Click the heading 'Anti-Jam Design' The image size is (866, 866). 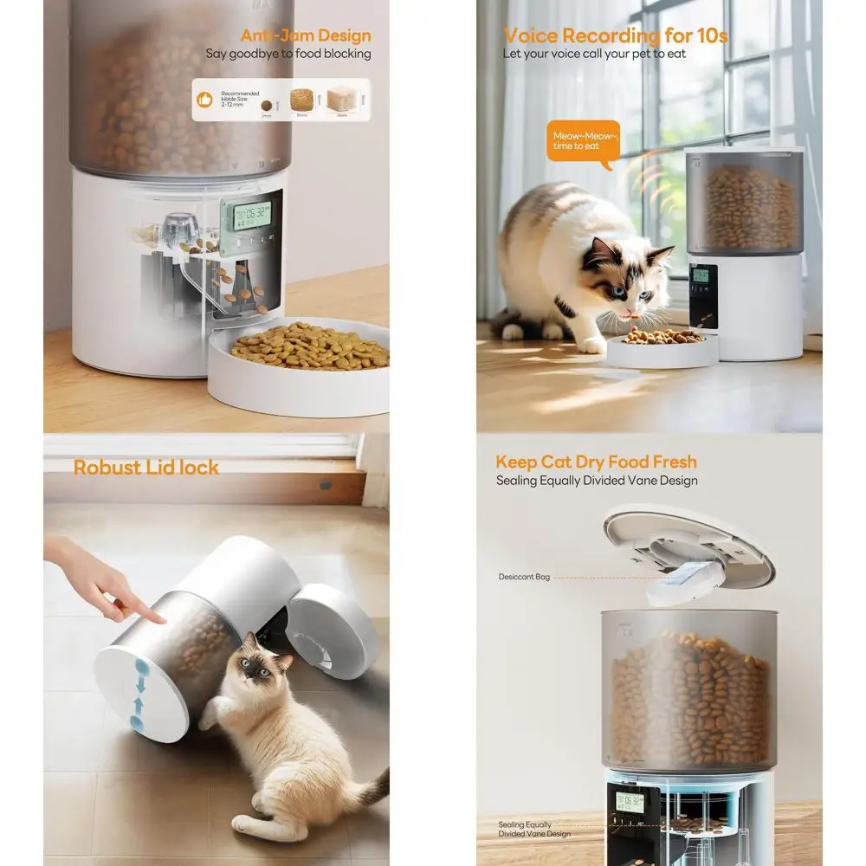pos(305,36)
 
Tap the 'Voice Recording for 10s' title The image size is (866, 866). pos(615,36)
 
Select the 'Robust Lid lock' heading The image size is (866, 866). pos(145,468)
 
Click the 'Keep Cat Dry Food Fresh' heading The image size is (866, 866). pos(596,462)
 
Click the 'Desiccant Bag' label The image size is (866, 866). pos(522,577)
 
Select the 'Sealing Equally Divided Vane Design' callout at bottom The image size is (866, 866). pos(534,830)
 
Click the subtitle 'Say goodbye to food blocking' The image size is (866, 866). pos(288,54)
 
